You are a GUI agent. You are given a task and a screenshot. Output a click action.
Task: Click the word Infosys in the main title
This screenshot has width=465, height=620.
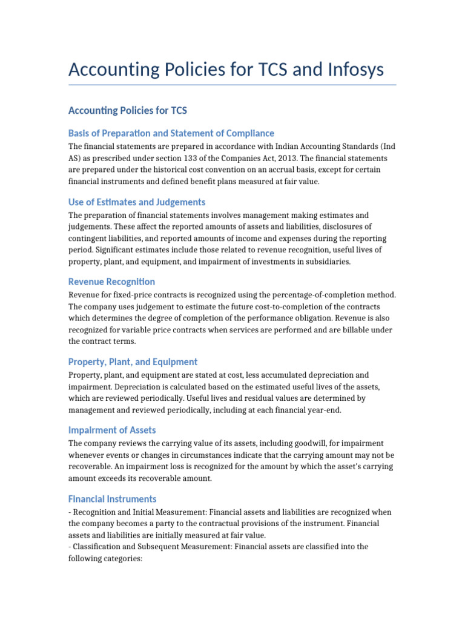pos(351,70)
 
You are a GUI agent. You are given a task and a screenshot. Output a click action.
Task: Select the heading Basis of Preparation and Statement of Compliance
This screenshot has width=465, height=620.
pos(171,133)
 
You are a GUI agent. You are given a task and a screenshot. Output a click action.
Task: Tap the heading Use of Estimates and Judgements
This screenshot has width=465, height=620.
pos(137,202)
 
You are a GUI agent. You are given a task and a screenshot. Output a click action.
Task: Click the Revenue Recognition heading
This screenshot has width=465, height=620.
pos(111,282)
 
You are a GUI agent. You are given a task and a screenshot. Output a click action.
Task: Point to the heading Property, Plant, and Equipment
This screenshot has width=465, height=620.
pos(133,361)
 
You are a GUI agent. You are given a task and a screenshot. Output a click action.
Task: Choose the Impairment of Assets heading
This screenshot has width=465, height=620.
pos(112,430)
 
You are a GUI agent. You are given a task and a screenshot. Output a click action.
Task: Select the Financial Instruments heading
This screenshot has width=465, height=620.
pos(113,499)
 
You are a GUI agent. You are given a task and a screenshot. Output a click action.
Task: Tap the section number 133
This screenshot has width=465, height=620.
pos(196,158)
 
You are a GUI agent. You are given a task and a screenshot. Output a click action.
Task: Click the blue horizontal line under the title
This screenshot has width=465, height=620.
pos(232,85)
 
